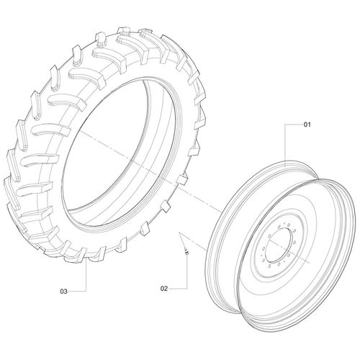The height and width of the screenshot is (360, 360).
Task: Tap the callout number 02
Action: (164, 289)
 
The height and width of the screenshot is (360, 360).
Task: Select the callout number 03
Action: (63, 292)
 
